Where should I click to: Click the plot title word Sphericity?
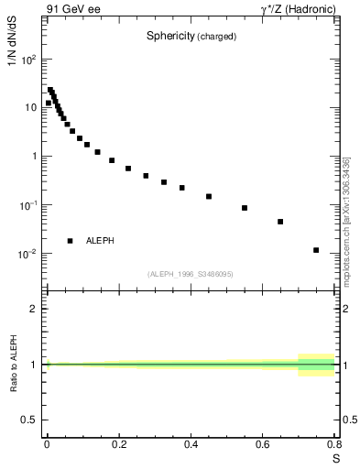coord(171,37)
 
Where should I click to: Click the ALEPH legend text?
coord(100,241)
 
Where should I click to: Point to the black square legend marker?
coord(71,241)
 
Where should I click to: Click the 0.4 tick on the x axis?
coord(191,445)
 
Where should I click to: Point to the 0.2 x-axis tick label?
coord(119,445)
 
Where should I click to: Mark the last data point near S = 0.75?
coord(316,250)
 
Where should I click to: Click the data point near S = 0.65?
coord(280,222)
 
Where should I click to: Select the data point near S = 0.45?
coord(209,196)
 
